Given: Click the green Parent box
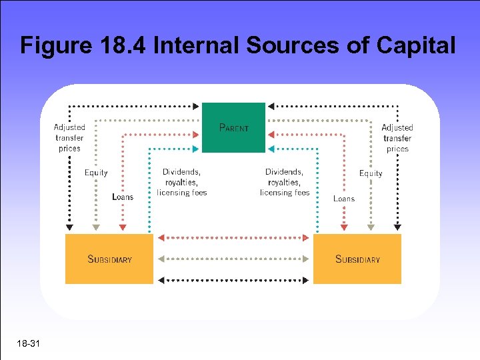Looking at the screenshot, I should click(x=233, y=127).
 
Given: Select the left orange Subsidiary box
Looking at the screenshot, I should click(x=109, y=259).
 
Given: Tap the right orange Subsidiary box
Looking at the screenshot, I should click(x=357, y=259).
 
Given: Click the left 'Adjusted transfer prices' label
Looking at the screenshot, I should click(x=69, y=138).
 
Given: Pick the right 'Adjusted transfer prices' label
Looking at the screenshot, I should click(x=397, y=138).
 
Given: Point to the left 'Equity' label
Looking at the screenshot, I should click(x=96, y=173).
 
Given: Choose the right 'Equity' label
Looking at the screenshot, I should click(x=371, y=173).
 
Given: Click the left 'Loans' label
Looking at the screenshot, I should click(x=123, y=197).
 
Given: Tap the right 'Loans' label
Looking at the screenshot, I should click(x=344, y=199).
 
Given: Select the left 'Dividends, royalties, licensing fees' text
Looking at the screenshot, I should click(x=182, y=182).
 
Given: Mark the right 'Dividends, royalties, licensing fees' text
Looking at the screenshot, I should click(x=285, y=182).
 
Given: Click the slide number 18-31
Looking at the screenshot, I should click(x=30, y=344).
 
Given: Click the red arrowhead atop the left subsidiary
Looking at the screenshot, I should click(x=123, y=228).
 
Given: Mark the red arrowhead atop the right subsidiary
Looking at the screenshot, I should click(x=344, y=228).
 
